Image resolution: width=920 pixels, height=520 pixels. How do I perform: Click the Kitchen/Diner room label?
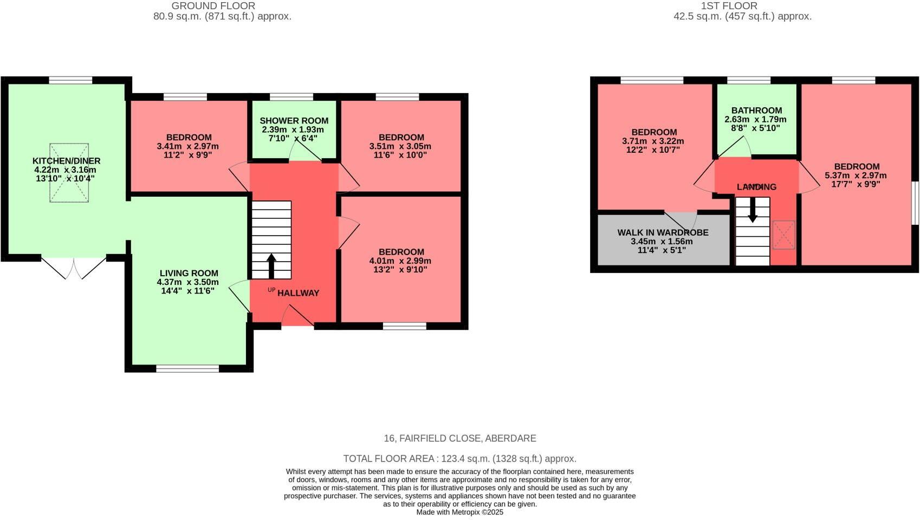click(66, 161)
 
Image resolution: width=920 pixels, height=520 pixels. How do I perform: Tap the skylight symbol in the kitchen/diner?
click(69, 173)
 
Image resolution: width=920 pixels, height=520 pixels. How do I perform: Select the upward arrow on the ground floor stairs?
click(271, 265)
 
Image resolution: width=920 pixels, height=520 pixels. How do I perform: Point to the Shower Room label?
click(294, 121)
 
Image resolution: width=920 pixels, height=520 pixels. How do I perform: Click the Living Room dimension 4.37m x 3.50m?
click(187, 282)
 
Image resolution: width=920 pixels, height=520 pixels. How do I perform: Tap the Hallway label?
click(298, 293)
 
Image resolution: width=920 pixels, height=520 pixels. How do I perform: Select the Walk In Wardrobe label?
click(663, 232)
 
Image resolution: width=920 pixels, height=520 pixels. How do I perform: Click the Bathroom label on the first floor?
click(756, 110)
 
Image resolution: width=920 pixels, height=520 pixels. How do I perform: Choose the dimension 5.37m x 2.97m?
click(856, 175)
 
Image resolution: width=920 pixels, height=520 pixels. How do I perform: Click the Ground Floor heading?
click(213, 6)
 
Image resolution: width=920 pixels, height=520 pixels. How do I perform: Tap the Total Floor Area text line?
click(459, 459)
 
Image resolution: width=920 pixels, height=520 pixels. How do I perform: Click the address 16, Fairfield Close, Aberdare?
click(459, 438)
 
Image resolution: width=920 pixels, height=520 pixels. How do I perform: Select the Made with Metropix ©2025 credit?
click(459, 512)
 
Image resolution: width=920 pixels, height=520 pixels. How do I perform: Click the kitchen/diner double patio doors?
click(74, 266)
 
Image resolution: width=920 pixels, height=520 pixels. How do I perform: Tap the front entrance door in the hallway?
click(297, 316)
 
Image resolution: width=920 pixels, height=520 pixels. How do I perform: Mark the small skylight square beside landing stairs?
click(783, 235)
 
